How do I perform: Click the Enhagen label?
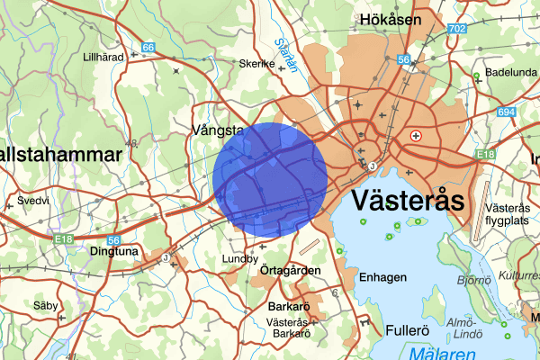click(x=382, y=277)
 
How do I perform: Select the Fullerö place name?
click(x=408, y=330)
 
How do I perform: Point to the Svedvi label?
click(x=33, y=200)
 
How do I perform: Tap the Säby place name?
click(x=44, y=306)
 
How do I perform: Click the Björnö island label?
click(x=472, y=280)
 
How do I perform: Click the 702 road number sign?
click(x=457, y=29)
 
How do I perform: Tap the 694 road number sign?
click(x=506, y=112)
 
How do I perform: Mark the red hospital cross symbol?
click(x=416, y=135)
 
